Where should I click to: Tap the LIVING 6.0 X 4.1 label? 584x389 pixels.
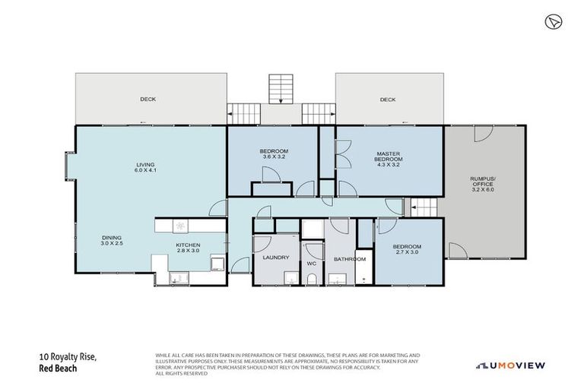coord(145,167)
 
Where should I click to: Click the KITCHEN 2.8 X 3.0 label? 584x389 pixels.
coord(188,247)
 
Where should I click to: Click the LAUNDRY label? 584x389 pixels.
coord(275,258)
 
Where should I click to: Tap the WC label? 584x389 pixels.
coord(311,264)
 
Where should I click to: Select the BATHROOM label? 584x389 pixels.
coord(346,259)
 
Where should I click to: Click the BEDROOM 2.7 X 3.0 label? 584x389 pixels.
coord(406,250)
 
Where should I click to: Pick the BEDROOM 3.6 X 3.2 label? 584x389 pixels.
coord(274,155)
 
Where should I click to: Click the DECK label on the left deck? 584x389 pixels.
coord(148,99)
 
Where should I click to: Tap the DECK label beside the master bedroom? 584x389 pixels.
coord(388,99)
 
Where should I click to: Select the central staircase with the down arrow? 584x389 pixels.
coord(281,89)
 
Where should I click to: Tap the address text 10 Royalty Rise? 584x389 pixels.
coord(68,356)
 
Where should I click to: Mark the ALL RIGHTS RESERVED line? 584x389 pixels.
coord(182,374)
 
